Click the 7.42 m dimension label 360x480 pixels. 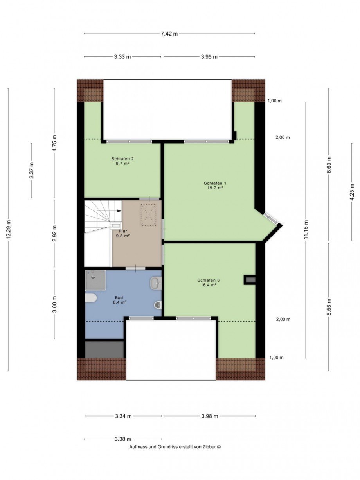click(169, 34)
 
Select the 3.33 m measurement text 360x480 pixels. click(122, 57)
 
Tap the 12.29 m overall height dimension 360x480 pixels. click(9, 230)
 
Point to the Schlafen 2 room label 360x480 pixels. click(122, 161)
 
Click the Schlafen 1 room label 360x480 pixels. click(215, 185)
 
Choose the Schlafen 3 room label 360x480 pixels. click(209, 282)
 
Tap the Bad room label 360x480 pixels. click(119, 300)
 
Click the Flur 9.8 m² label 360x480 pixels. click(123, 233)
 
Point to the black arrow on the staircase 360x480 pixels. click(119, 211)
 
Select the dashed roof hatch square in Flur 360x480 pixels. click(148, 215)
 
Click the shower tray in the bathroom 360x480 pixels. click(95, 280)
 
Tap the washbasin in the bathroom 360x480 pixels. click(156, 283)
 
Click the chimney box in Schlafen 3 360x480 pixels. click(250, 280)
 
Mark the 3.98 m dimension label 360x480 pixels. click(210, 416)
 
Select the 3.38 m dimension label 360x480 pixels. click(123, 439)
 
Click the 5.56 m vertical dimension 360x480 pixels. click(329, 307)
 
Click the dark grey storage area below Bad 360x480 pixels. click(104, 349)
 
